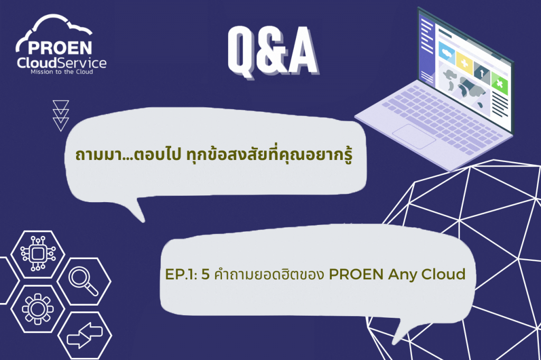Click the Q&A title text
tap(273, 52)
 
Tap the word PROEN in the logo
tap(60, 48)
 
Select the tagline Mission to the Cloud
tap(62, 72)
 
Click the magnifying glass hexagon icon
tap(84, 281)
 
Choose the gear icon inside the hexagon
tap(38, 309)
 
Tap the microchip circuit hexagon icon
tap(38, 254)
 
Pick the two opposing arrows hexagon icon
tap(85, 336)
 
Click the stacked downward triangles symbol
tap(61, 116)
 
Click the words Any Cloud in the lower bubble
tap(427, 275)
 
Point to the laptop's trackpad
tap(414, 137)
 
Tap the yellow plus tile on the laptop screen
tap(464, 63)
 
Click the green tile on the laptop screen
tap(500, 84)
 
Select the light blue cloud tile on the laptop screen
tap(447, 53)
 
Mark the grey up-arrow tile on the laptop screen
tap(482, 73)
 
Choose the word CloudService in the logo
tap(62, 63)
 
